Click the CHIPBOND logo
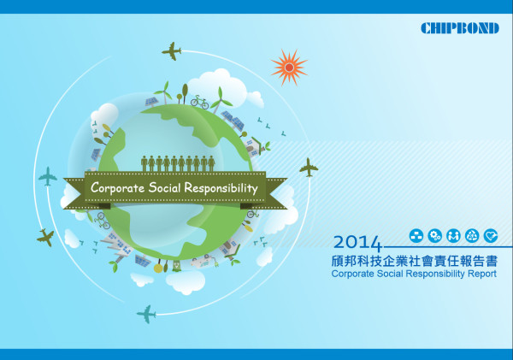[x=460, y=28]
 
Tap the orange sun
[x=289, y=68]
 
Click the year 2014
[x=357, y=243]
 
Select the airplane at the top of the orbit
[x=172, y=51]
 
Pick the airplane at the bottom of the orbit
[x=146, y=314]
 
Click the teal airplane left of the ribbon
[x=48, y=176]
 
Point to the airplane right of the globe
[x=309, y=168]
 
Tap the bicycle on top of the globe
[x=199, y=102]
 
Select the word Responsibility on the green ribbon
[x=221, y=188]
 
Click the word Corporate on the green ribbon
[x=117, y=188]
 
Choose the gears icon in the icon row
[x=435, y=236]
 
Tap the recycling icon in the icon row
[x=472, y=236]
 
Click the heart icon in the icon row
[x=491, y=236]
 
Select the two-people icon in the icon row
[x=453, y=236]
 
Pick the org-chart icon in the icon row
[x=416, y=236]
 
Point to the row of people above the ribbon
[x=178, y=163]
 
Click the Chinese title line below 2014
[x=415, y=261]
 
